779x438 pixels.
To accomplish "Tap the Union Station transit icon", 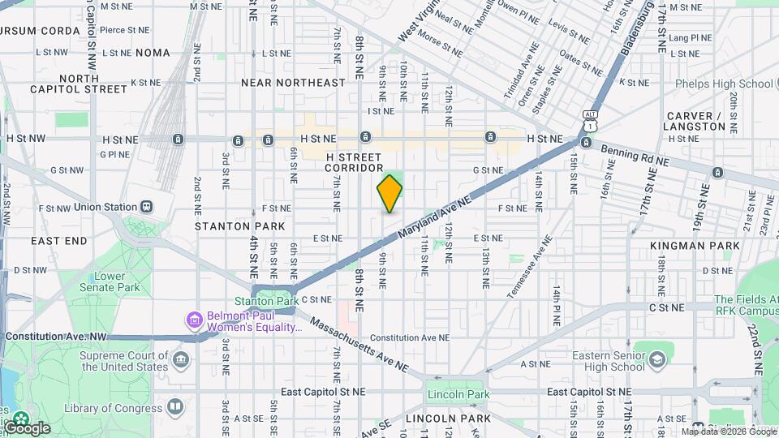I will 147,207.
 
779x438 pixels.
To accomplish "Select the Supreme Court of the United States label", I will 123,361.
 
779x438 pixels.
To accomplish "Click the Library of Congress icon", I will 176,406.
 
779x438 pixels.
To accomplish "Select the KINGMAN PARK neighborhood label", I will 695,246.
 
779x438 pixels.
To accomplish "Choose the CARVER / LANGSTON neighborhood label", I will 695,121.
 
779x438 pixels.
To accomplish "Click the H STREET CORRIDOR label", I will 354,161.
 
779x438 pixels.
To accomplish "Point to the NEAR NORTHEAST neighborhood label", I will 293,83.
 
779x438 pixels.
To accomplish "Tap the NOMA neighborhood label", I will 153,53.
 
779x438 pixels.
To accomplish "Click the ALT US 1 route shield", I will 590,122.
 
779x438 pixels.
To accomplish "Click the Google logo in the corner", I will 26,427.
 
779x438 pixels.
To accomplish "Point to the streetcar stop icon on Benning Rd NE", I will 717,172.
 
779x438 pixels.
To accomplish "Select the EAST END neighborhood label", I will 58,241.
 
